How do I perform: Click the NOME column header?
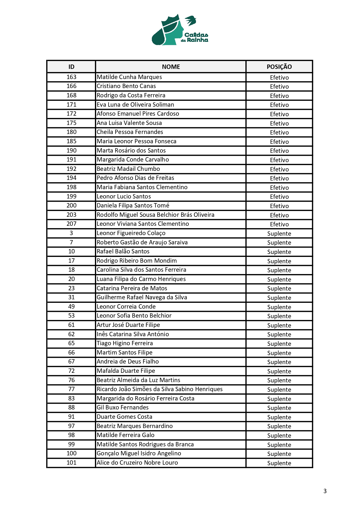coord(171,67)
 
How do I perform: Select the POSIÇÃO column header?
coord(279,67)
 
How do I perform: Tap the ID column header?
coord(71,67)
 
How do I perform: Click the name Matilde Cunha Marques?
coord(129,77)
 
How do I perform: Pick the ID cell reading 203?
coord(71,215)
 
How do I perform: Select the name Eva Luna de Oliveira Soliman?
coord(135,105)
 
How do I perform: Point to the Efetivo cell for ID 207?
coord(279,224)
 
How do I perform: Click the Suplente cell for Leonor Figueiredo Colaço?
coord(279,234)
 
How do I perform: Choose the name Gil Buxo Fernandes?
coord(123,407)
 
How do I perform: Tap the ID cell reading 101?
coord(71,463)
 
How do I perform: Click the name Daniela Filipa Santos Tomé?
coord(133,205)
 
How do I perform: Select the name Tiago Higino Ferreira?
coord(125,343)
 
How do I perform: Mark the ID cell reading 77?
coord(71,389)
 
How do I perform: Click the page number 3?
coord(325,491)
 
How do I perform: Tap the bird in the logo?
coord(191,21)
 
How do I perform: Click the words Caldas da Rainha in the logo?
coord(195,37)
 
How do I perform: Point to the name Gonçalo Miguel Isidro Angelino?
coord(139,453)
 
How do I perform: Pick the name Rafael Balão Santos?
coord(123,251)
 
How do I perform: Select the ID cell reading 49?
coord(71,307)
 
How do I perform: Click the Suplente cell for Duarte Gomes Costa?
coord(279,417)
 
